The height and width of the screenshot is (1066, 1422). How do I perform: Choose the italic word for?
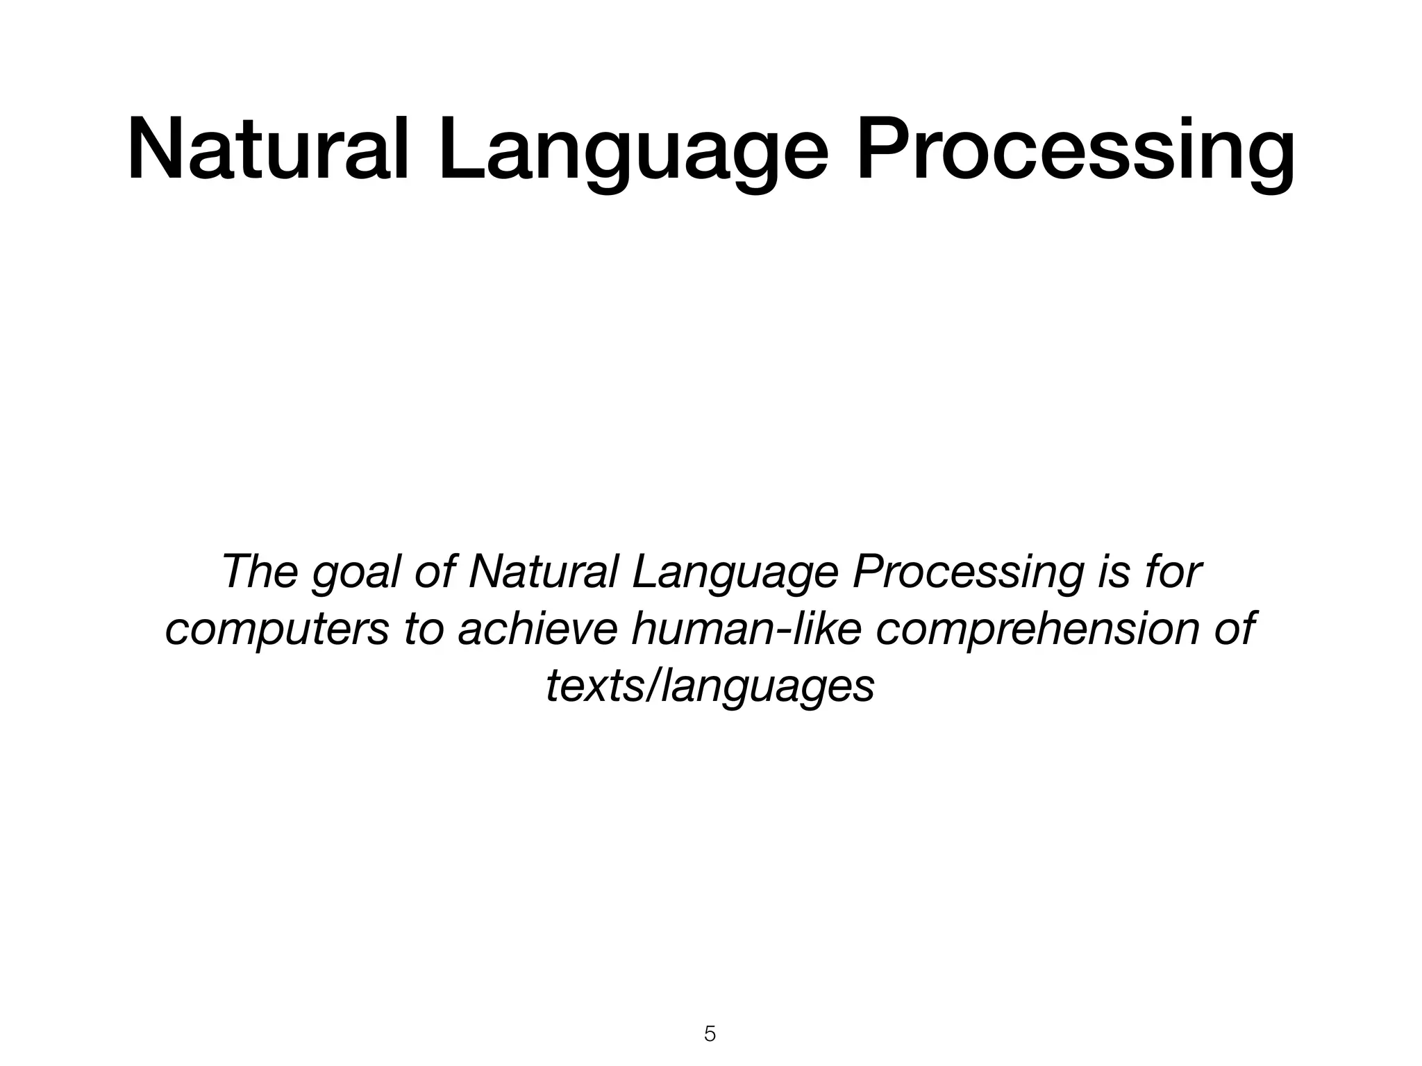[1173, 572]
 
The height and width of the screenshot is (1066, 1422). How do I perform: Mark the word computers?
[277, 631]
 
